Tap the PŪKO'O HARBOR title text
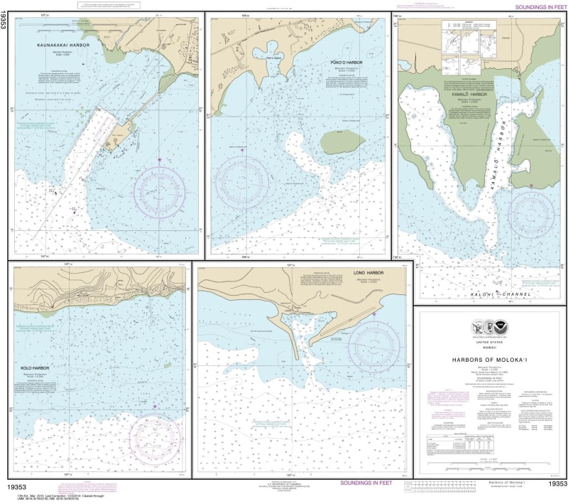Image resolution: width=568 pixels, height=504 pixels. (x=346, y=63)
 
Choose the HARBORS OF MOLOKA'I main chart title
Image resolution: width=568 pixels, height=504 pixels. (x=490, y=359)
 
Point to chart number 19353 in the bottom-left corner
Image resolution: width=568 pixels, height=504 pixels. (x=24, y=485)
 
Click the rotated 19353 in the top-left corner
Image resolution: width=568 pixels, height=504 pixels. (x=5, y=23)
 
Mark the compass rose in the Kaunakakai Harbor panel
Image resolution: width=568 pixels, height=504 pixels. (x=160, y=191)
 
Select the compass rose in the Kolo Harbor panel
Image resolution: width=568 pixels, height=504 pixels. (x=154, y=438)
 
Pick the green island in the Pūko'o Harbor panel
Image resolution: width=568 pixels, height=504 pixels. (x=342, y=142)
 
